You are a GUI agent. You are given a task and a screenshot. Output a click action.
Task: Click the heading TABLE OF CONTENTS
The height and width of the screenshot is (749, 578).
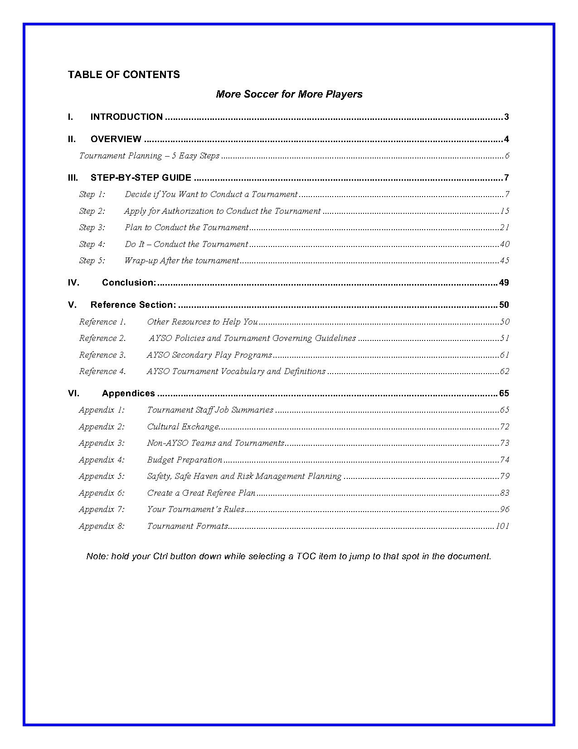click(124, 75)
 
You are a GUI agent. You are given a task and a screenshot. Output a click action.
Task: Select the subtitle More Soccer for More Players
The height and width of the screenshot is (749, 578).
click(289, 94)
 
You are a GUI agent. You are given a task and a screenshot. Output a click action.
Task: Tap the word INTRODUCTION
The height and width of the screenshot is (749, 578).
click(126, 117)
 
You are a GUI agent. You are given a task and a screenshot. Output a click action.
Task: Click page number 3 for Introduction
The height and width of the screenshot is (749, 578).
click(506, 117)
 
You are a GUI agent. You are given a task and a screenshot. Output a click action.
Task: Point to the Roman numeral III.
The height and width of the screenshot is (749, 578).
click(73, 178)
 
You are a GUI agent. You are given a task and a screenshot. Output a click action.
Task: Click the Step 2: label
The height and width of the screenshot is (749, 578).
click(92, 211)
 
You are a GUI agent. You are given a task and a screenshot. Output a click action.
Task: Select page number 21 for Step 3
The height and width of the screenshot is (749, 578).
click(505, 227)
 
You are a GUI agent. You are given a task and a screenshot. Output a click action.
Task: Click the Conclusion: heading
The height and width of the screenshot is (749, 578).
click(129, 283)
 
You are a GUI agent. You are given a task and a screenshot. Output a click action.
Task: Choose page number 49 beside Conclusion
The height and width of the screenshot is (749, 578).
click(504, 283)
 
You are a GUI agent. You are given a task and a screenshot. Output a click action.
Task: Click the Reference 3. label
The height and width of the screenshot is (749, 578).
click(102, 355)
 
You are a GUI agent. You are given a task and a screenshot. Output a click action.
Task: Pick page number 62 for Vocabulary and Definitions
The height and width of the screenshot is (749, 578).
click(505, 371)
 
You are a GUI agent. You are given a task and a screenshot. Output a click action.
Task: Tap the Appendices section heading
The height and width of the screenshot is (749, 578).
click(128, 394)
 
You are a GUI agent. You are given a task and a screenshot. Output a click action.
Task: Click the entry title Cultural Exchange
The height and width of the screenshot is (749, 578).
click(183, 427)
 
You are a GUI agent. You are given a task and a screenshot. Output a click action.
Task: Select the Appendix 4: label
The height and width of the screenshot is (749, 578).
click(102, 460)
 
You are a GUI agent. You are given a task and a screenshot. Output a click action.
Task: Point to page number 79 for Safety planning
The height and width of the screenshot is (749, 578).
click(505, 476)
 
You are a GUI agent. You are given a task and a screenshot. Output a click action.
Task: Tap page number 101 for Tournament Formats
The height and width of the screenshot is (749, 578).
click(502, 526)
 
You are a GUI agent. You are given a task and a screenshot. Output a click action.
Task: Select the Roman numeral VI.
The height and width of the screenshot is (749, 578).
click(73, 394)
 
